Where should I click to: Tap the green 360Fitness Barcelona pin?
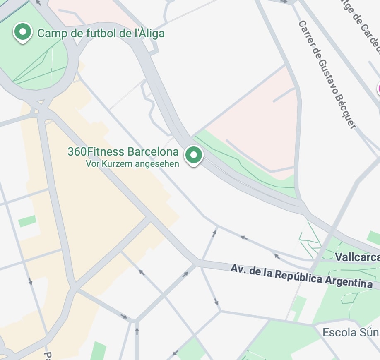pyautogui.click(x=193, y=156)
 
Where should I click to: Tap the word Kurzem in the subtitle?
pyautogui.click(x=123, y=164)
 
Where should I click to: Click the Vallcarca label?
pyautogui.click(x=357, y=257)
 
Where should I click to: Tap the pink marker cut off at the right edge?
pyautogui.click(x=378, y=89)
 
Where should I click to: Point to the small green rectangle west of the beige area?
pyautogui.click(x=27, y=221)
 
